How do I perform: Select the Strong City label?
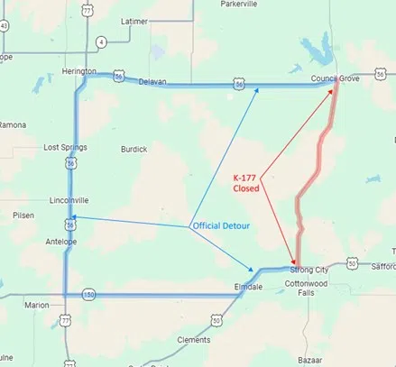[x=308, y=269]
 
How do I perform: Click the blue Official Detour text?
[x=223, y=225]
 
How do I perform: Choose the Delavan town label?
[x=152, y=82]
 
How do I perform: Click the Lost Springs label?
[x=62, y=146]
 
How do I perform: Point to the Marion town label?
[x=37, y=306]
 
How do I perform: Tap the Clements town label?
[x=193, y=340]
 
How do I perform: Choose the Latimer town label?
[x=134, y=21]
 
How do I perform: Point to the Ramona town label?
[x=14, y=124]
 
